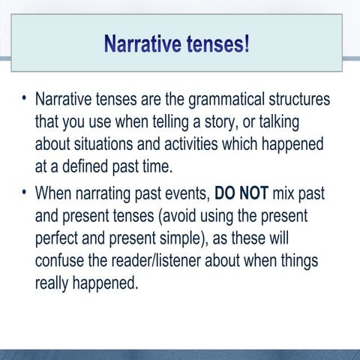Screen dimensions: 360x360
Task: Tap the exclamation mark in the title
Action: (x=246, y=43)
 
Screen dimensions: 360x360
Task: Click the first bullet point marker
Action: (x=24, y=99)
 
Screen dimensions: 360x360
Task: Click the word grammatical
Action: (x=236, y=100)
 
